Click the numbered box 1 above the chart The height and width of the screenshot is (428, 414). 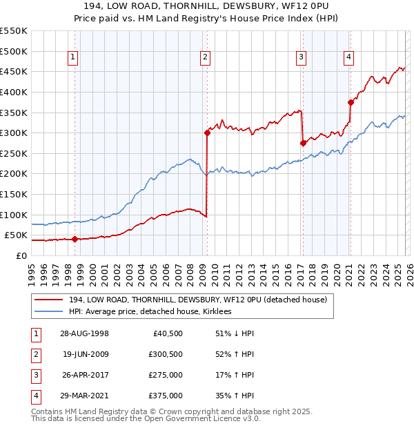coord(73,57)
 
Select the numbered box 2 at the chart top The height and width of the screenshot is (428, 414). coord(206,57)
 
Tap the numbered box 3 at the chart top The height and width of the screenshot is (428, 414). coord(302,57)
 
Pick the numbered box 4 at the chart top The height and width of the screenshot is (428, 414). coord(349,57)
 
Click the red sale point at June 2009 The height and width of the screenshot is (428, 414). coord(207,133)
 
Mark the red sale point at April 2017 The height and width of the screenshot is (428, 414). coord(303,143)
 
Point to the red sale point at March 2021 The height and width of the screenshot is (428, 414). coord(351,102)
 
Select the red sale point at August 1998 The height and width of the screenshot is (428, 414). coord(75,240)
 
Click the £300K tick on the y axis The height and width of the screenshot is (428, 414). coord(14,133)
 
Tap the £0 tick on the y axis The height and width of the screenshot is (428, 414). coord(21,255)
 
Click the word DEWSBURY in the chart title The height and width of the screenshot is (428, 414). coord(215,6)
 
